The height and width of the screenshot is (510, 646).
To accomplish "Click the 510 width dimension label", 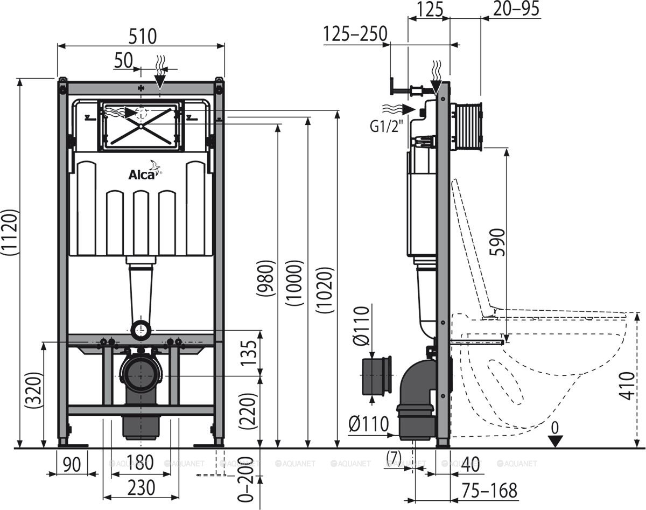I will [x=141, y=36].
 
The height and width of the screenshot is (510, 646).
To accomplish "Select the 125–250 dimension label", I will [x=355, y=33].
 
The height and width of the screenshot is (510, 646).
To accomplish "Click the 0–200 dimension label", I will [x=247, y=480].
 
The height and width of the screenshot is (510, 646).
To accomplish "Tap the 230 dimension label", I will [x=141, y=487].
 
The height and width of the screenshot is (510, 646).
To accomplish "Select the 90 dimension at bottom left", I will [x=68, y=463].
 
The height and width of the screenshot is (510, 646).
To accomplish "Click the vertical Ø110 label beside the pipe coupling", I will [x=362, y=325].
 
